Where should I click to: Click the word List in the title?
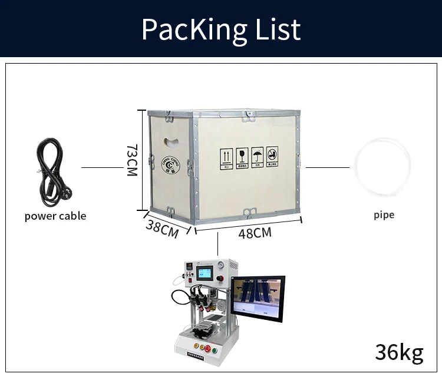[275, 29]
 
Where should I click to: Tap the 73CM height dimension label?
[131, 160]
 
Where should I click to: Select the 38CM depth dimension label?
[161, 227]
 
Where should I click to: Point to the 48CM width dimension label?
[255, 233]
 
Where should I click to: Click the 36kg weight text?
[399, 352]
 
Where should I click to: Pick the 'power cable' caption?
[55, 216]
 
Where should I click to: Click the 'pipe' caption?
[384, 214]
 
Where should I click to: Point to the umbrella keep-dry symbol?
[257, 157]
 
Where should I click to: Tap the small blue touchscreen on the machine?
[203, 274]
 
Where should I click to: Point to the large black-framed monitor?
[258, 299]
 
